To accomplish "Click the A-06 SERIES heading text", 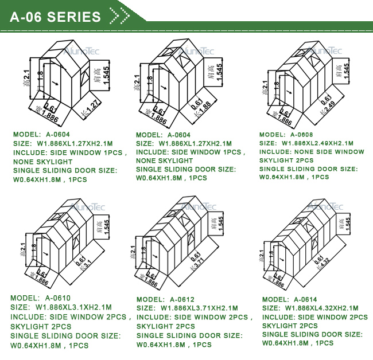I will pyautogui.click(x=56, y=17).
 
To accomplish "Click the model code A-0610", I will pyautogui.click(x=58, y=298).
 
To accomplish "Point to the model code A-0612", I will pyautogui.click(x=182, y=299).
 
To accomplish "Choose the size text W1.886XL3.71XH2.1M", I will pyautogui.click(x=196, y=308).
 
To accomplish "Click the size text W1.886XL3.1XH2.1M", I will pyautogui.click(x=73, y=307).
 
